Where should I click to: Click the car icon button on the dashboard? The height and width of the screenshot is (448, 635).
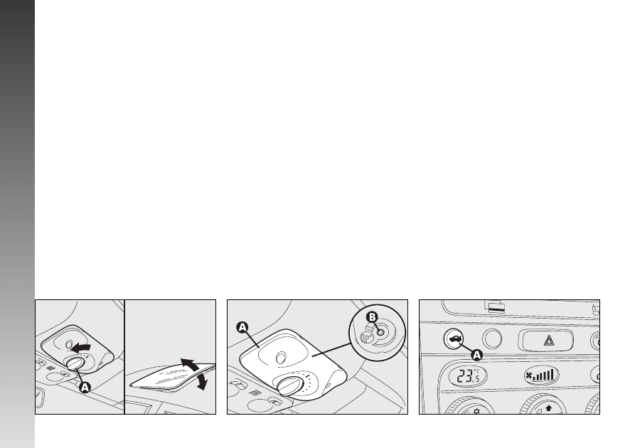tap(454, 339)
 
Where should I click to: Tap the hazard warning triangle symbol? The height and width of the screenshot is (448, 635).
tap(548, 340)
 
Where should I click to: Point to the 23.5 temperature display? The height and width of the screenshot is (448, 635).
tap(468, 376)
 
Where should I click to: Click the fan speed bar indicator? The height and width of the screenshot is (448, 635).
tap(544, 375)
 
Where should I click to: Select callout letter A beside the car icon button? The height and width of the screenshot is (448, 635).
tap(477, 356)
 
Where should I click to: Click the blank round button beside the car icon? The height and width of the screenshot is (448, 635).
tap(492, 339)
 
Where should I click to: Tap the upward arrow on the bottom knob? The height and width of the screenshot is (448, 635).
tap(549, 408)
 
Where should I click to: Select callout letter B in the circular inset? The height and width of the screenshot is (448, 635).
tap(371, 317)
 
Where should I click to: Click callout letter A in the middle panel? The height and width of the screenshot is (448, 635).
tap(242, 327)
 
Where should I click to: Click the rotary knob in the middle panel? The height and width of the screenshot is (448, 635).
tap(290, 385)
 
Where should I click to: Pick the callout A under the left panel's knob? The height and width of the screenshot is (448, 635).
tap(85, 388)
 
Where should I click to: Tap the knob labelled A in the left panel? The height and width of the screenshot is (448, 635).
tap(75, 363)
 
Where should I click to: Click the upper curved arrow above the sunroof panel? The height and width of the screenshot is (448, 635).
tap(190, 363)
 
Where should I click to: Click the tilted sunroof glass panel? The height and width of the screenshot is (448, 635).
tap(172, 378)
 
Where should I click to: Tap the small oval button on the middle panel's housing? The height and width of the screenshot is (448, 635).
tap(280, 357)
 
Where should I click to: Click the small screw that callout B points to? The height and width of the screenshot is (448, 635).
tap(380, 333)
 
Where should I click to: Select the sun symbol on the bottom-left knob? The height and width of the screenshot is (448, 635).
tap(476, 411)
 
